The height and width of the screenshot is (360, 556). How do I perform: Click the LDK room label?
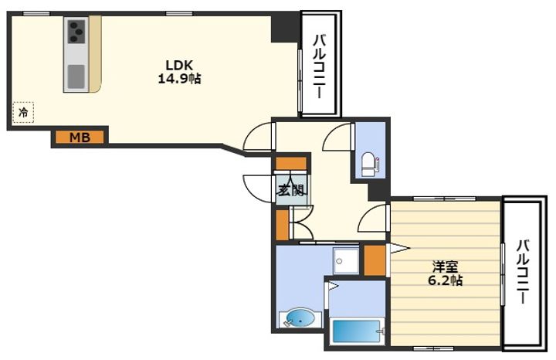(179, 65)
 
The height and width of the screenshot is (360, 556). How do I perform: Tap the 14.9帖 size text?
(179, 79)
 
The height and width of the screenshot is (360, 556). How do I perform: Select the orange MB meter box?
(80, 137)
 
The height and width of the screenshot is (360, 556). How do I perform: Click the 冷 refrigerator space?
(23, 113)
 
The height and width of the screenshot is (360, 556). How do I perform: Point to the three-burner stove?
(76, 31)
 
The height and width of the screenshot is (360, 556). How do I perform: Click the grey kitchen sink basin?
(76, 76)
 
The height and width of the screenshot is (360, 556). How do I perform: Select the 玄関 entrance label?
(291, 191)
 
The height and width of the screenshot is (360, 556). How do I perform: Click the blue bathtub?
(356, 331)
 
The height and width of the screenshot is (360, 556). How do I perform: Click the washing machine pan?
(346, 260)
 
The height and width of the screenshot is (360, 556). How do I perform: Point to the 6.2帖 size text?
(445, 280)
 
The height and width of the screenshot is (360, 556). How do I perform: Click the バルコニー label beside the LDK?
(319, 66)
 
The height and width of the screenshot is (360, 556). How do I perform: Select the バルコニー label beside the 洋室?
(523, 272)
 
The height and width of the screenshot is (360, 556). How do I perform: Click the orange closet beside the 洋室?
(375, 260)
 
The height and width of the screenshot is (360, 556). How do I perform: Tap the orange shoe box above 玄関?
(291, 164)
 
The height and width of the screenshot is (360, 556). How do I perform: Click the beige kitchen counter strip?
(96, 54)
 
